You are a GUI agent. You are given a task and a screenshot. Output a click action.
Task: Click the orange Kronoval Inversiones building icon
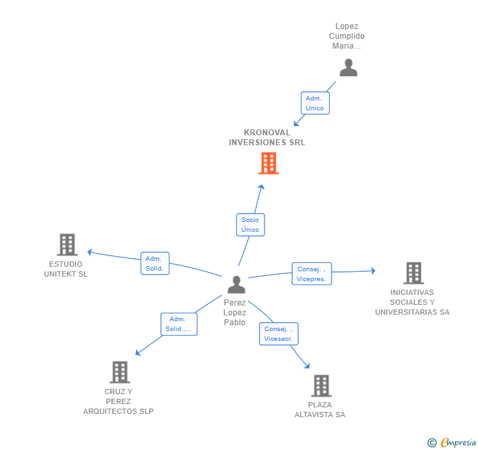269,163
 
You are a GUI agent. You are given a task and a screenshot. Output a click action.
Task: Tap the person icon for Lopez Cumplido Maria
348,68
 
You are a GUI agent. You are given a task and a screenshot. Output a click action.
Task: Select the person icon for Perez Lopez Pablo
236,284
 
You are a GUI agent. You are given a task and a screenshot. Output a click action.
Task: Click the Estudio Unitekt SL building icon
67,244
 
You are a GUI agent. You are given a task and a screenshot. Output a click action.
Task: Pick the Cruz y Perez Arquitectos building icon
119,372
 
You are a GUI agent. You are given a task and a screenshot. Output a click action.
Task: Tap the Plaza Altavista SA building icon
320,386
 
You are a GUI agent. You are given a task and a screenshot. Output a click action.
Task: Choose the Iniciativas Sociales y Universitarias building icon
413,273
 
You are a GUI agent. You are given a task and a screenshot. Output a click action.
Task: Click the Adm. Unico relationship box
315,103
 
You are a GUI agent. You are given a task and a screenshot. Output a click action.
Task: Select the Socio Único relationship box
250,225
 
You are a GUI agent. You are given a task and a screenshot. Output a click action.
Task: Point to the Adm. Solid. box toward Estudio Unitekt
155,263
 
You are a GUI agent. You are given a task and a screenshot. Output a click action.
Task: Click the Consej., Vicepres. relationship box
312,274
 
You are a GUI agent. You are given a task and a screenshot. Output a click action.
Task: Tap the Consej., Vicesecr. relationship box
278,334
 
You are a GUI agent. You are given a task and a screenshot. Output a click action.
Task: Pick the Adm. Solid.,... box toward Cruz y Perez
179,324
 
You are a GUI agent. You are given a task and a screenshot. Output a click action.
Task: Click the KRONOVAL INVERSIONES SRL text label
267,137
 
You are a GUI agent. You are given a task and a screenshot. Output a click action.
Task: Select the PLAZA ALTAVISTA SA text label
320,409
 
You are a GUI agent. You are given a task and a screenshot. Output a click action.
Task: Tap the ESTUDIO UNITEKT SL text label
66,269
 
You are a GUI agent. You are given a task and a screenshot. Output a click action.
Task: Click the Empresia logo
458,443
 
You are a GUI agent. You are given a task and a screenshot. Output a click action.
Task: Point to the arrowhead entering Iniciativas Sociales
372,271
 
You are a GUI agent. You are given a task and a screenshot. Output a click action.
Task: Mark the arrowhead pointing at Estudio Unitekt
90,252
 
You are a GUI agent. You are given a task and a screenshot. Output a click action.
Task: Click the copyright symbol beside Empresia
432,443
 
